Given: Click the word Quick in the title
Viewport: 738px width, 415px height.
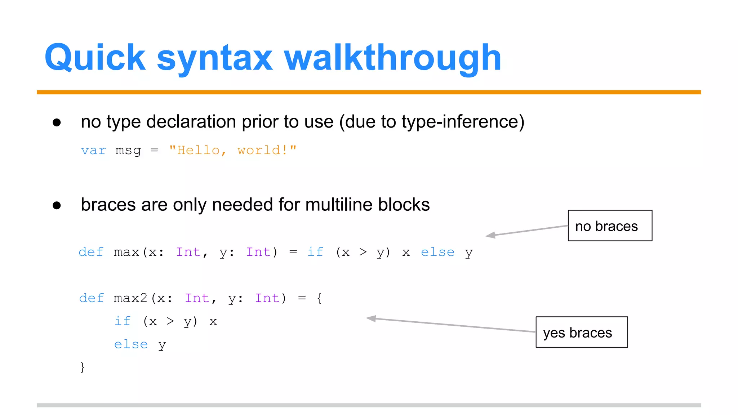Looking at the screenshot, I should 95,58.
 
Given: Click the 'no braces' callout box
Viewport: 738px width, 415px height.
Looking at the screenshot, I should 610,226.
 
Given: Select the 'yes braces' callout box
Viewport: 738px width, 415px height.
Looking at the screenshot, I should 581,332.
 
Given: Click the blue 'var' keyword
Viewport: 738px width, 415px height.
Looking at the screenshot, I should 93,151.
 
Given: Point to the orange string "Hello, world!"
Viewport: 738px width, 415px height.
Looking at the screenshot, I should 233,150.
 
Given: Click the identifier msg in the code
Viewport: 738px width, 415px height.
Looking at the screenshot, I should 128,151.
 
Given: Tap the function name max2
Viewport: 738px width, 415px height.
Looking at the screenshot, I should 130,298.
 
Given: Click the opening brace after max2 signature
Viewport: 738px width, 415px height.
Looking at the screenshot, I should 319,298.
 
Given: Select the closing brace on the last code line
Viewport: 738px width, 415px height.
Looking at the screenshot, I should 83,367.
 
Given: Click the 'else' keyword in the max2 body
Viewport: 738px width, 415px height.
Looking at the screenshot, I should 131,344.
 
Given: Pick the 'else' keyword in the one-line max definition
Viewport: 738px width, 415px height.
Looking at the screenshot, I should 437,252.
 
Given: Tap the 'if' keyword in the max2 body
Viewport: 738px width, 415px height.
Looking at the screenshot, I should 123,321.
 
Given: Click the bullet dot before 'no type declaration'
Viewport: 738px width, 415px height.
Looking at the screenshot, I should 57,122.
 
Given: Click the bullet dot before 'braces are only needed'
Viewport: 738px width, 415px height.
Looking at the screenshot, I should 57,205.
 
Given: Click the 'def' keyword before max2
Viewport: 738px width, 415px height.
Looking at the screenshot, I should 92,298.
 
